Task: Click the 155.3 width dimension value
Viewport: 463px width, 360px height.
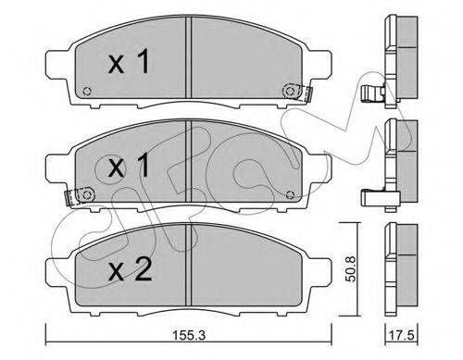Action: click(x=188, y=335)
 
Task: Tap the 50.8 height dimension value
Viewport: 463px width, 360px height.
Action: click(x=350, y=268)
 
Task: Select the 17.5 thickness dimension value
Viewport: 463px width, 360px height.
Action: click(x=401, y=335)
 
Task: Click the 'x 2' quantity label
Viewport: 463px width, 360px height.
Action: click(x=130, y=269)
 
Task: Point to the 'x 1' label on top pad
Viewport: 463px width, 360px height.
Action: click(x=129, y=62)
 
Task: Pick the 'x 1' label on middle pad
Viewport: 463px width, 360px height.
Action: click(x=129, y=166)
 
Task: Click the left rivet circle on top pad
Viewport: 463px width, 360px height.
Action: click(x=87, y=92)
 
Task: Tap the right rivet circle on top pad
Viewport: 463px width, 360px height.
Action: click(x=290, y=91)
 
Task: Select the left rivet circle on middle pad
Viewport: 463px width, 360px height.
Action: click(x=87, y=195)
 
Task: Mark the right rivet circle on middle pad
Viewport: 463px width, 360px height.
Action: click(x=290, y=194)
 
